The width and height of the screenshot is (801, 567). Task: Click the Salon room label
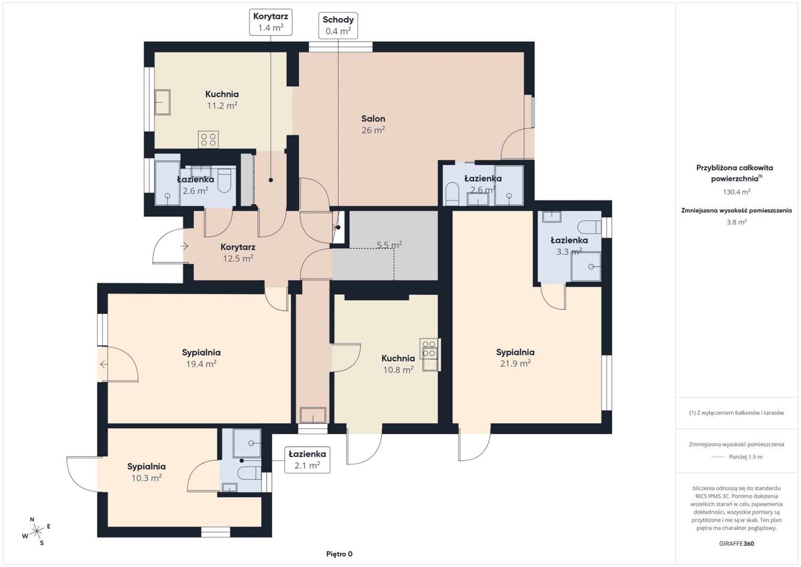pyautogui.click(x=373, y=119)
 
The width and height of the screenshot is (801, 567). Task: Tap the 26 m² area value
pyautogui.click(x=373, y=130)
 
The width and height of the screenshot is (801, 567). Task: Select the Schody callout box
pyautogui.click(x=338, y=25)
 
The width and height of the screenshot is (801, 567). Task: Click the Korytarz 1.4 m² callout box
pyautogui.click(x=271, y=22)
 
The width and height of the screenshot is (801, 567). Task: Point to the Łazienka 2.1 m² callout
pyautogui.click(x=307, y=460)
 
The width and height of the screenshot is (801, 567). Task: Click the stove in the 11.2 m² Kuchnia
pyautogui.click(x=208, y=139)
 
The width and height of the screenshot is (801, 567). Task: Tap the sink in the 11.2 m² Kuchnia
pyautogui.click(x=162, y=102)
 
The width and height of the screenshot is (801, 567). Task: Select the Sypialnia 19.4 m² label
pyautogui.click(x=201, y=358)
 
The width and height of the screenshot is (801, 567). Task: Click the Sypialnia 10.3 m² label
pyautogui.click(x=146, y=472)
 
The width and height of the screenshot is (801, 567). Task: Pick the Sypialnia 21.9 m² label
pyautogui.click(x=515, y=358)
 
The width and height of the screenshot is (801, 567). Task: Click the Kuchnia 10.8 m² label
pyautogui.click(x=398, y=364)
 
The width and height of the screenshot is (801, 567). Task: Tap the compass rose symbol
pyautogui.click(x=36, y=531)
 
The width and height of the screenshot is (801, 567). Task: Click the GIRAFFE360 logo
pyautogui.click(x=736, y=544)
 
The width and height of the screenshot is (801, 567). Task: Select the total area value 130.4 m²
pyautogui.click(x=736, y=192)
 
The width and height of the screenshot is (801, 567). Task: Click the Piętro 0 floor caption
pyautogui.click(x=339, y=554)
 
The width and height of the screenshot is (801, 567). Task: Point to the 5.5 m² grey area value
pyautogui.click(x=389, y=245)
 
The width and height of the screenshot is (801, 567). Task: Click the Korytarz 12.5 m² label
pyautogui.click(x=238, y=253)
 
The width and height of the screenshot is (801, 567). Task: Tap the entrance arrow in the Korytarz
pyautogui.click(x=184, y=246)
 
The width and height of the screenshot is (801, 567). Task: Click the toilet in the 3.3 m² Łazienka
pyautogui.click(x=589, y=227)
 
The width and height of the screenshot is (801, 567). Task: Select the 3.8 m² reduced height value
pyautogui.click(x=736, y=222)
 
